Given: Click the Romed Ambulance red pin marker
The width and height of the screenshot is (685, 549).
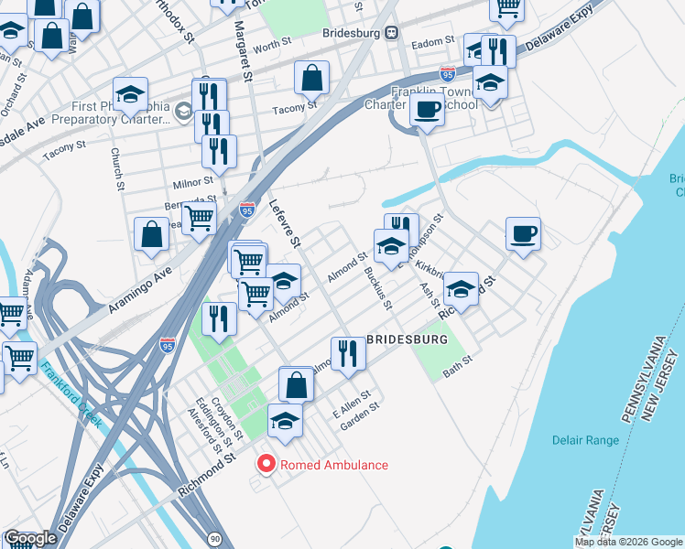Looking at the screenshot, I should (x=266, y=465).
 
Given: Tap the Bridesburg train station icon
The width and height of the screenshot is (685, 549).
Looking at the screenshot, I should (x=391, y=33).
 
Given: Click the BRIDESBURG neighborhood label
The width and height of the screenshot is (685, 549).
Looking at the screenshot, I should (x=407, y=339).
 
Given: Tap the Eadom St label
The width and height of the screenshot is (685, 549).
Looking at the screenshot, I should (x=435, y=41).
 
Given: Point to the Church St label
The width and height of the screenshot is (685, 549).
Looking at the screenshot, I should (x=117, y=170).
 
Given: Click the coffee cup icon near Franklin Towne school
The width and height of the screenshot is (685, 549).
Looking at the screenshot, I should (x=426, y=111).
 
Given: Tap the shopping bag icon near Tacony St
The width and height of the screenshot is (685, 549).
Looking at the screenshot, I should (x=311, y=79).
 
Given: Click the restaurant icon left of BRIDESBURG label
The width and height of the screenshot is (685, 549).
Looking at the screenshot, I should (x=347, y=353).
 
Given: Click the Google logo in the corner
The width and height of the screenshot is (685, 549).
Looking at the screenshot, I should (x=30, y=538).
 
